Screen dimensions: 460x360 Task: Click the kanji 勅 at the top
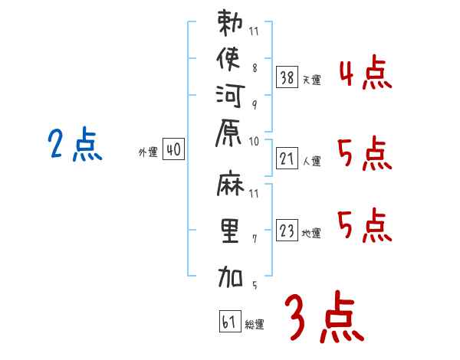(x=230, y=23)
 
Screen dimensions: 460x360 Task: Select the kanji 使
(x=228, y=59)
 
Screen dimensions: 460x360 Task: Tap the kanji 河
(x=230, y=97)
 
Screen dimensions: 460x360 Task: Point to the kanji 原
(x=228, y=133)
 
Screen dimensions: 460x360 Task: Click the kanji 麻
(x=230, y=183)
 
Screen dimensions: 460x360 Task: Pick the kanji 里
(x=230, y=231)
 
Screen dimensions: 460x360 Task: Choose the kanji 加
(x=230, y=277)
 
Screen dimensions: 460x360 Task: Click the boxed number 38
(x=287, y=77)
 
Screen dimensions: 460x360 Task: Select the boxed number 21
(x=287, y=159)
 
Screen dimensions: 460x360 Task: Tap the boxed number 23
(x=287, y=230)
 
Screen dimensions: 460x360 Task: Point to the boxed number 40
(x=174, y=149)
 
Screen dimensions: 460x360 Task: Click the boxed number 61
(x=230, y=321)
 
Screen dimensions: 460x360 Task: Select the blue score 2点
(x=75, y=145)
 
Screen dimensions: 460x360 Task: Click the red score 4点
(x=366, y=72)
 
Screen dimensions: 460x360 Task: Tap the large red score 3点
(x=324, y=316)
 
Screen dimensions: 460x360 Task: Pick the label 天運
(x=311, y=80)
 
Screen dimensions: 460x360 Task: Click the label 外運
(x=148, y=152)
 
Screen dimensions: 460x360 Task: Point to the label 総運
(x=255, y=324)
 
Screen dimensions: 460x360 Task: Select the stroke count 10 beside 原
(x=254, y=142)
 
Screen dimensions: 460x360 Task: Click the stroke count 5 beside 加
(x=255, y=285)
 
